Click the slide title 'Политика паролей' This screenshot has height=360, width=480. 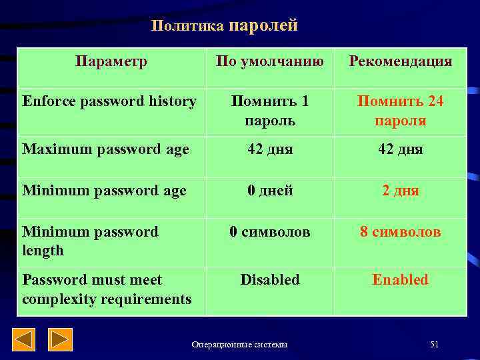click(224, 26)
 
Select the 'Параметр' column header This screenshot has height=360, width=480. click(111, 61)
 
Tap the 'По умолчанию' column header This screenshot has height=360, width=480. click(270, 61)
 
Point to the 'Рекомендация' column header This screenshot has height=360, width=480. click(400, 61)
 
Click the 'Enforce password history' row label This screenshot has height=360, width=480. click(109, 101)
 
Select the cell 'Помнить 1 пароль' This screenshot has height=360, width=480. click(270, 111)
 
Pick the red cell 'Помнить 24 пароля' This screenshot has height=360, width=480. click(400, 111)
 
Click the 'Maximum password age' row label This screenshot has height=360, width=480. click(105, 149)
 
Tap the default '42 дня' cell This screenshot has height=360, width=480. click(270, 149)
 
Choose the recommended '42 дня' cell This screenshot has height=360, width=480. click(400, 149)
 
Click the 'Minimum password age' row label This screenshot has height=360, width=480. click(104, 191)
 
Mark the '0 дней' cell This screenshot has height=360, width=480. click(270, 191)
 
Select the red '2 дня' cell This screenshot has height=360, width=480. click(400, 191)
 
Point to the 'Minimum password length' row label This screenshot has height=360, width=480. click(90, 241)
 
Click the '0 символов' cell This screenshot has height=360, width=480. click(270, 232)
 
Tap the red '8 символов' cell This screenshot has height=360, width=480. click(400, 232)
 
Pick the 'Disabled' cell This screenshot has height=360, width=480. click(270, 280)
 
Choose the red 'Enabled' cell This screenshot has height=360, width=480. click(400, 280)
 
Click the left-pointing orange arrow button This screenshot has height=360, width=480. click(25, 340)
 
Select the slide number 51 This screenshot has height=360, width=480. click(435, 344)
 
